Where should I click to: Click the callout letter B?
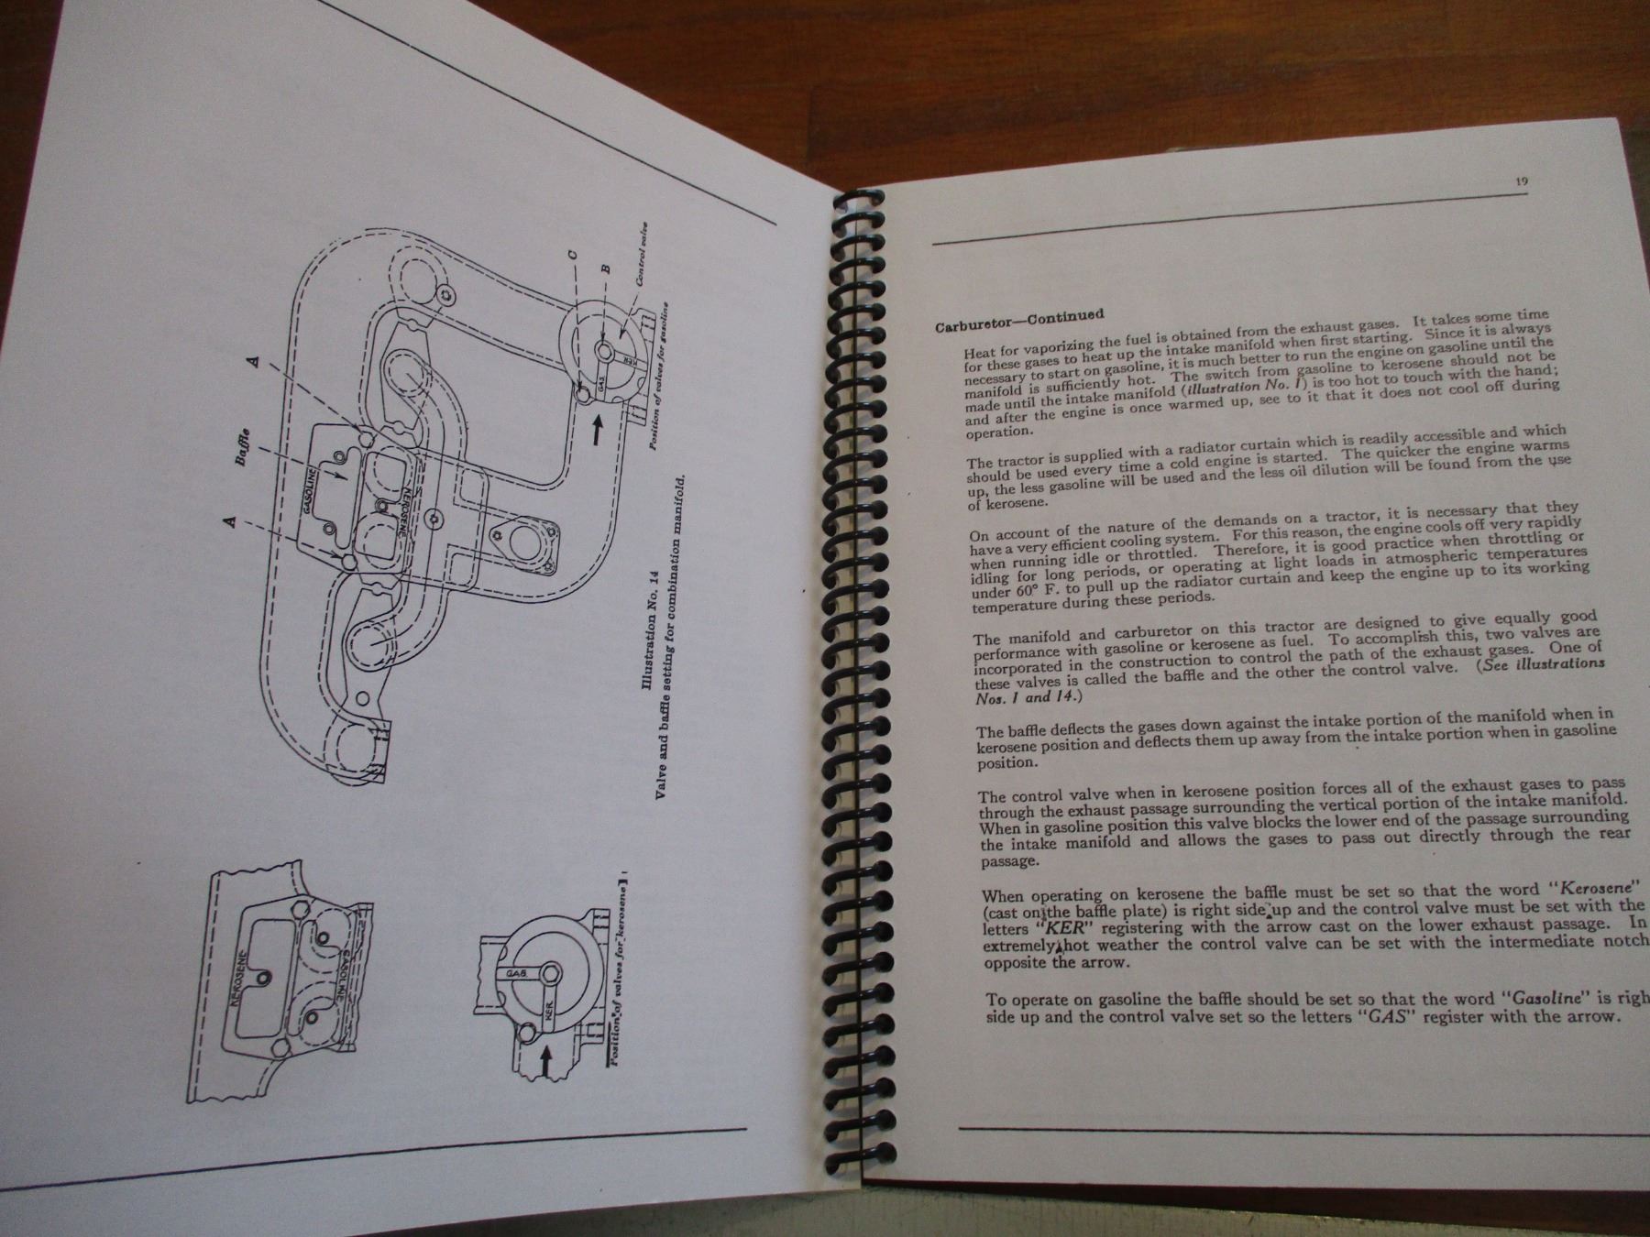[x=605, y=268]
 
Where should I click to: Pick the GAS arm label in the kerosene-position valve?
[x=511, y=975]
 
